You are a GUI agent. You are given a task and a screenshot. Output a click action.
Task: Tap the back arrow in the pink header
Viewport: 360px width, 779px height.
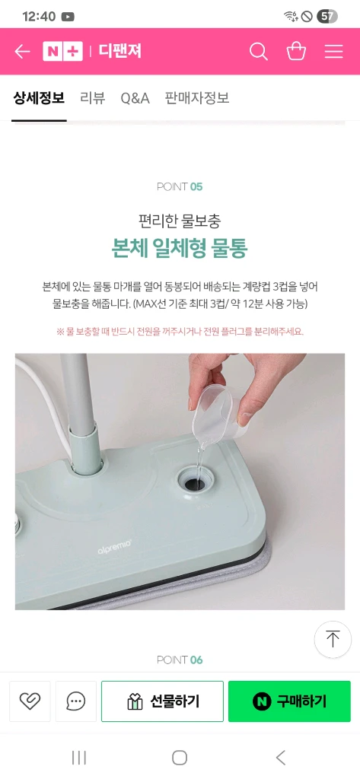[x=22, y=52]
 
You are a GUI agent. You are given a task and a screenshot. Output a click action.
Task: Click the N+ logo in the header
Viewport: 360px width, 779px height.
[x=62, y=52]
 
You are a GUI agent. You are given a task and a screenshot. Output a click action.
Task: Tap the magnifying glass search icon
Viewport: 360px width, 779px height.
[x=259, y=52]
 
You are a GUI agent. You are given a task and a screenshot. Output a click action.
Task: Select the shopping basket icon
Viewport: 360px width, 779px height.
[x=296, y=51]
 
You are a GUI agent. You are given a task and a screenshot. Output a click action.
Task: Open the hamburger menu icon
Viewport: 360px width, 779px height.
[x=333, y=52]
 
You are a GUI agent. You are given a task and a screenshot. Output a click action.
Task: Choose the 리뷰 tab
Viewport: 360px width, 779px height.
[x=93, y=98]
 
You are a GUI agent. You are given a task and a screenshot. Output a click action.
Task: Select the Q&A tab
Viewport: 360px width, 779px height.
[x=135, y=98]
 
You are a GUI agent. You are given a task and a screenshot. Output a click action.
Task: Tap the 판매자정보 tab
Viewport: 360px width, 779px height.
[x=197, y=98]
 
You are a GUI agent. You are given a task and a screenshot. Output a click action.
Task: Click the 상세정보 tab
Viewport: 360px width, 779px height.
[x=39, y=98]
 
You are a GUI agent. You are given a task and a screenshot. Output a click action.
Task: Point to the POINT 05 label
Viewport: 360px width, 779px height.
[x=180, y=187]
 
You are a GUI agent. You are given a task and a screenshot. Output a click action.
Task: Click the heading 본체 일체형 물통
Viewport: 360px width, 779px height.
[x=180, y=249]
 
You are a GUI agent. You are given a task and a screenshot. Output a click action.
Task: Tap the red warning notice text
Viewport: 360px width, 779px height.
[x=180, y=332]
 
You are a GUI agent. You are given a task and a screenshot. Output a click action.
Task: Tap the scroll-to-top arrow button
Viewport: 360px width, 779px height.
[x=333, y=639]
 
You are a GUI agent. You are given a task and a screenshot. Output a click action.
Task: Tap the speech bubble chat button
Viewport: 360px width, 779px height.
[x=76, y=701]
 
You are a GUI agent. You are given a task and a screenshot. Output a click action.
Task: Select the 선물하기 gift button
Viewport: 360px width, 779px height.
[x=163, y=701]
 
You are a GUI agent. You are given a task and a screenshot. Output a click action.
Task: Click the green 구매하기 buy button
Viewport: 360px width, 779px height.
[x=289, y=701]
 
